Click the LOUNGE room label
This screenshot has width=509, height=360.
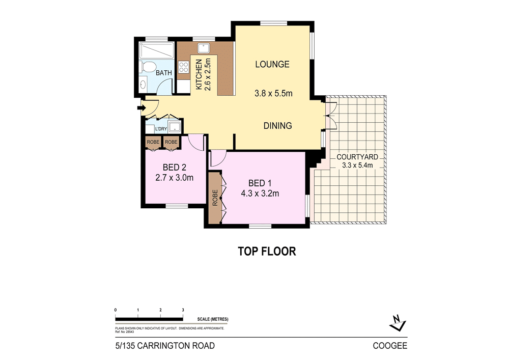pyautogui.click(x=272, y=64)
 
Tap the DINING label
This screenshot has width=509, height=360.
pyautogui.click(x=277, y=126)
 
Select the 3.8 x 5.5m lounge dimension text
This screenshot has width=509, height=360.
pyautogui.click(x=273, y=94)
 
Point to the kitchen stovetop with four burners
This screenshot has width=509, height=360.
pyautogui.click(x=183, y=67)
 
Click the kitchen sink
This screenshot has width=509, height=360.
pyautogui.click(x=204, y=48)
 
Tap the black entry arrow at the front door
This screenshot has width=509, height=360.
pyautogui.click(x=142, y=108)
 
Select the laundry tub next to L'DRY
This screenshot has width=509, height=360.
pyautogui.click(x=175, y=127)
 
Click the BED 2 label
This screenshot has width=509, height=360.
pyautogui.click(x=174, y=168)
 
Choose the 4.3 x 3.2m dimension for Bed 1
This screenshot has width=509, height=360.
pyautogui.click(x=260, y=193)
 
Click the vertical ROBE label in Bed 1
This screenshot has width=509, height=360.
pyautogui.click(x=215, y=198)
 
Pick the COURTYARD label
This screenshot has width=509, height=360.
pyautogui.click(x=357, y=157)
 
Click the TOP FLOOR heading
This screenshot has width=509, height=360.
pyautogui.click(x=267, y=251)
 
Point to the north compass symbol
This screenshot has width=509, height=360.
pyautogui.click(x=398, y=323)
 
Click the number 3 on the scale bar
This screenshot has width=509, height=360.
pyautogui.click(x=183, y=310)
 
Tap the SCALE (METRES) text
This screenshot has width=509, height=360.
pyautogui.click(x=213, y=319)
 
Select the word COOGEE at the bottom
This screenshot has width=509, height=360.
pyautogui.click(x=390, y=346)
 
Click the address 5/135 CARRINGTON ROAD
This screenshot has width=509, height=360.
pyautogui.click(x=165, y=346)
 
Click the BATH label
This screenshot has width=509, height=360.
pyautogui.click(x=163, y=73)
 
